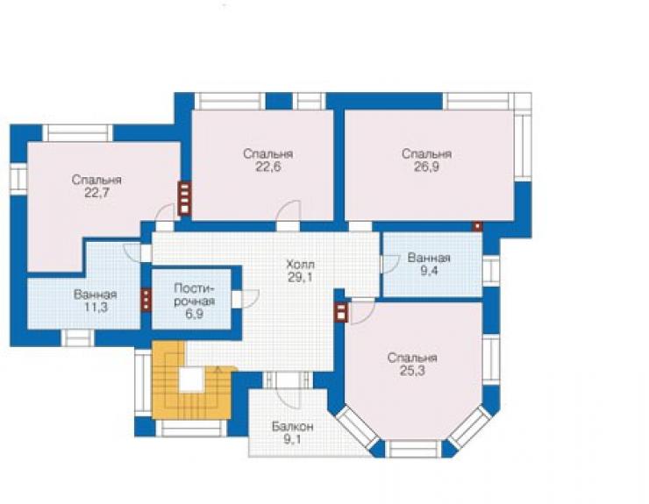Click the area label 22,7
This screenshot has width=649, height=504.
pos(96,193)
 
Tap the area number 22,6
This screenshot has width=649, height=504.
pos(268,167)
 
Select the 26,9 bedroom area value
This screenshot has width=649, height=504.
pos(426,167)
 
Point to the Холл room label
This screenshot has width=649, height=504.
pos(301,264)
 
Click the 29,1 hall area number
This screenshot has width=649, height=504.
pos(301,278)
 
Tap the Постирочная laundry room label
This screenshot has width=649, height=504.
pos(194,295)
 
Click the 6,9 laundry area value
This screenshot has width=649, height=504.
pos(194,314)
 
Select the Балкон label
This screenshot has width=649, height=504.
pos(293,427)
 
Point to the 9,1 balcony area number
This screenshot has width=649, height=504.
pos(293,440)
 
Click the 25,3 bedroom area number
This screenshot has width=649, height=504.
pos(412,371)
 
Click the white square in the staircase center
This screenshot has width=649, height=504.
pos(192,380)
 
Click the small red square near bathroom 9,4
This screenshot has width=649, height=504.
pos(478,226)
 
